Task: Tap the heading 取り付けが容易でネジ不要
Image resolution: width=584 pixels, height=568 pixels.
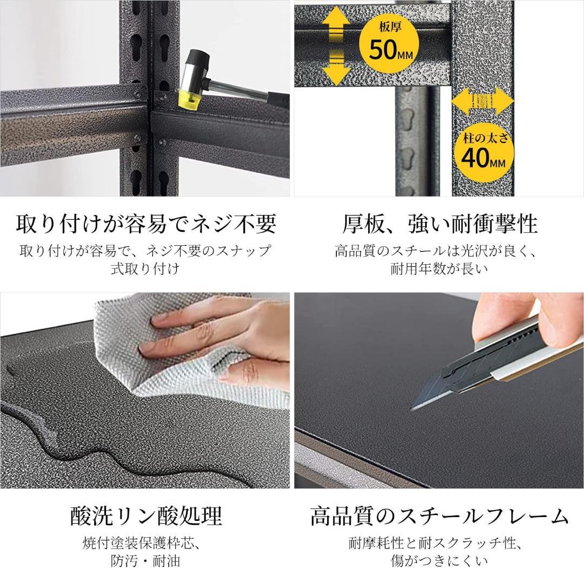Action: (146, 223)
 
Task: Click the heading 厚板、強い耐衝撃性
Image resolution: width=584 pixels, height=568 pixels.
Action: (439, 223)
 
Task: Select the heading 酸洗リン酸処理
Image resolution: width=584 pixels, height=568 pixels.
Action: (146, 515)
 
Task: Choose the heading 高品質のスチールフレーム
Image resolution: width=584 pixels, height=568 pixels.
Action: (439, 515)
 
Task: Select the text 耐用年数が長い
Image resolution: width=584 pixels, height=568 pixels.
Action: (439, 269)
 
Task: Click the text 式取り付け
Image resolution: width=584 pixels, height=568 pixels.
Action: (145, 269)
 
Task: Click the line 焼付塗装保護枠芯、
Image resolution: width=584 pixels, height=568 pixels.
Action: (145, 543)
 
